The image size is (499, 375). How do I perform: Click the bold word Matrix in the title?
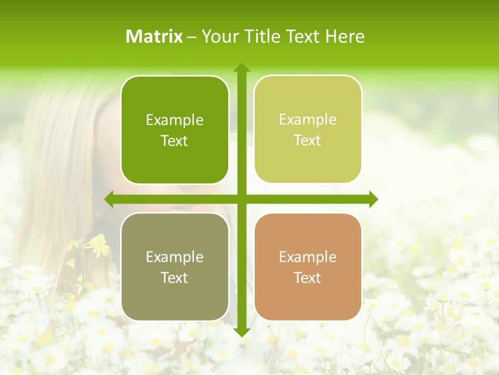(154, 36)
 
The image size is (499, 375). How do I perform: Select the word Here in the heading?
(345, 36)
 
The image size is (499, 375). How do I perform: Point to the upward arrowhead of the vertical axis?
(242, 68)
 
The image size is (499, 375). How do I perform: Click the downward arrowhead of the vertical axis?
(242, 332)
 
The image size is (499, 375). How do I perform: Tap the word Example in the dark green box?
(175, 120)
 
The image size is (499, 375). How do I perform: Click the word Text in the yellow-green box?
(308, 141)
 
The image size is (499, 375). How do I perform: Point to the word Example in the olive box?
(175, 257)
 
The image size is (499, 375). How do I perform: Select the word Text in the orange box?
(308, 278)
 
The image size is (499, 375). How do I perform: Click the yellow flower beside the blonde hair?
(99, 245)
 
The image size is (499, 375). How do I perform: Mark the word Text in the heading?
(302, 36)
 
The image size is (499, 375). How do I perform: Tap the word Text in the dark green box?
(175, 141)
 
